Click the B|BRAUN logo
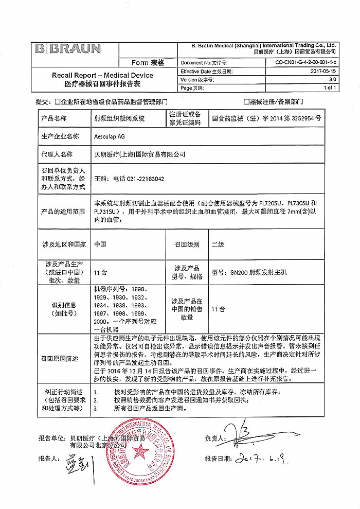coord(68,49)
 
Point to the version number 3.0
coord(332,80)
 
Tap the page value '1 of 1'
coord(330,88)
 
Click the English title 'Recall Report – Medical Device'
coord(102,75)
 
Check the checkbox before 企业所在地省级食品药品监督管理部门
coord(57,102)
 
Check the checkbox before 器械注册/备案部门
coord(246,102)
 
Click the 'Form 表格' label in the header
coord(148,63)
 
